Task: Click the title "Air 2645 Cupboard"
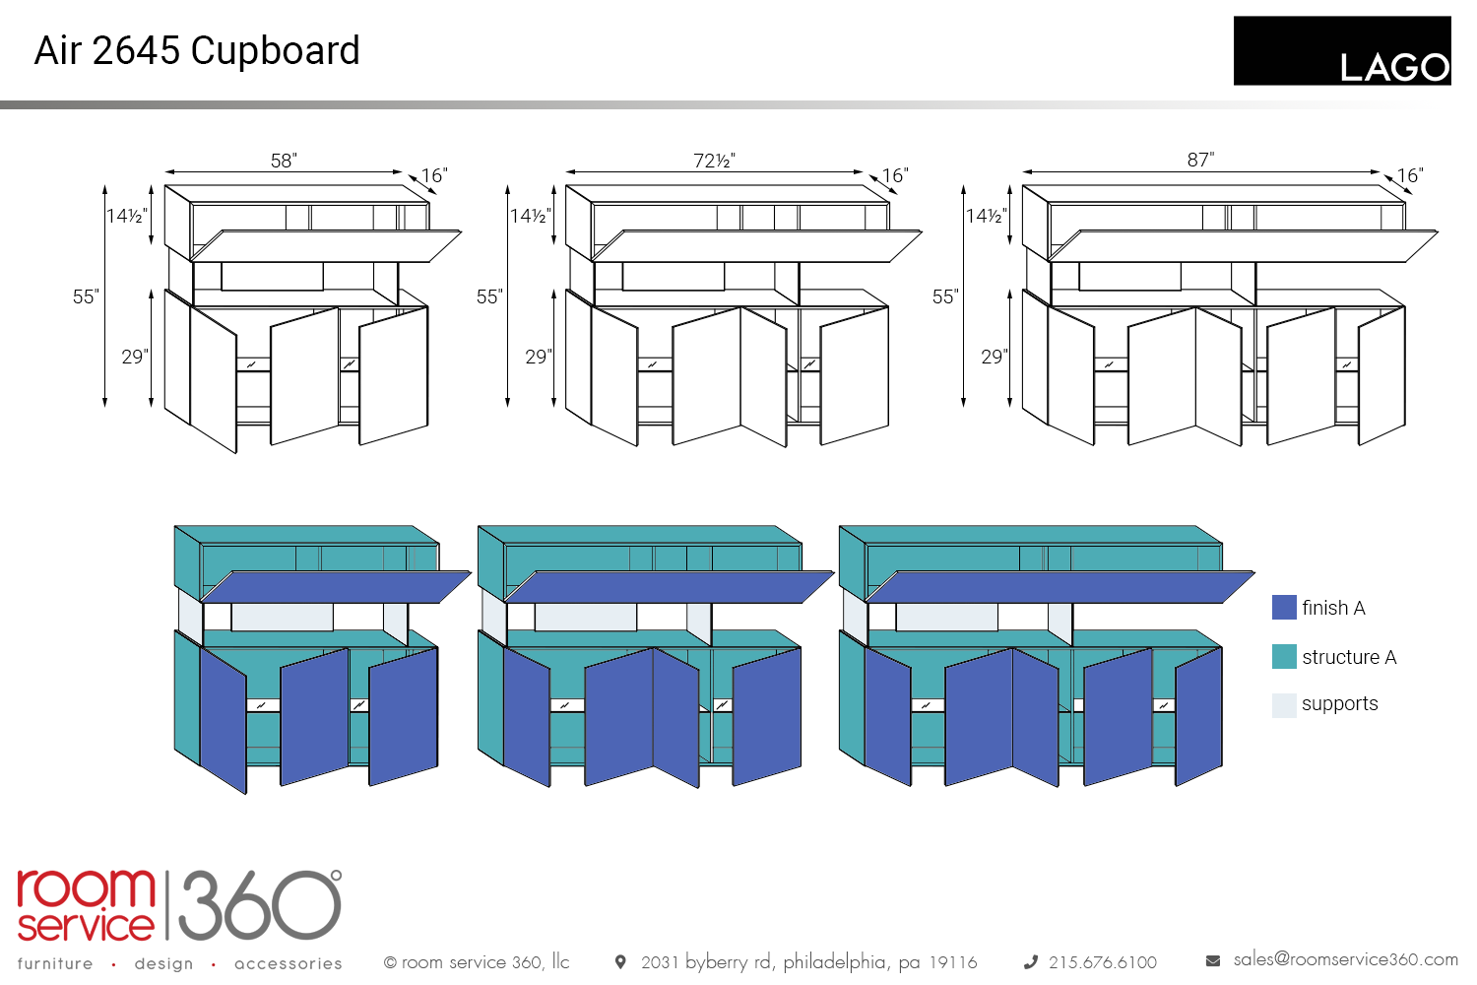pos(197,51)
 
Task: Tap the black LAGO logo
pos(1342,51)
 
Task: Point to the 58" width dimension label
pos(285,161)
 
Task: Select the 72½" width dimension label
pos(714,161)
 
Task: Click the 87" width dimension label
pos(1200,160)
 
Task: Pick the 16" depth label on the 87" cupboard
pos(1410,175)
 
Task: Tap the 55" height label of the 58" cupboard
pos(86,296)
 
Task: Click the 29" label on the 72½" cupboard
pos(538,357)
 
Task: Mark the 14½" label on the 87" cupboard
pos(987,216)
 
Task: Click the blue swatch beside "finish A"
pos(1284,607)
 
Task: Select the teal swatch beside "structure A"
pos(1284,656)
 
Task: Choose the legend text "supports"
pos(1340,704)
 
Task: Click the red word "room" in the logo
pos(86,888)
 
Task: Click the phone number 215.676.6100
pos(1103,962)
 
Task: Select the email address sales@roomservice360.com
pos(1346,959)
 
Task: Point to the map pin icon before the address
pos(619,962)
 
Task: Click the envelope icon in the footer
pos(1213,961)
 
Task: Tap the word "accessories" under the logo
pos(289,964)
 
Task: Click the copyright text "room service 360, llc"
pos(485,962)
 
